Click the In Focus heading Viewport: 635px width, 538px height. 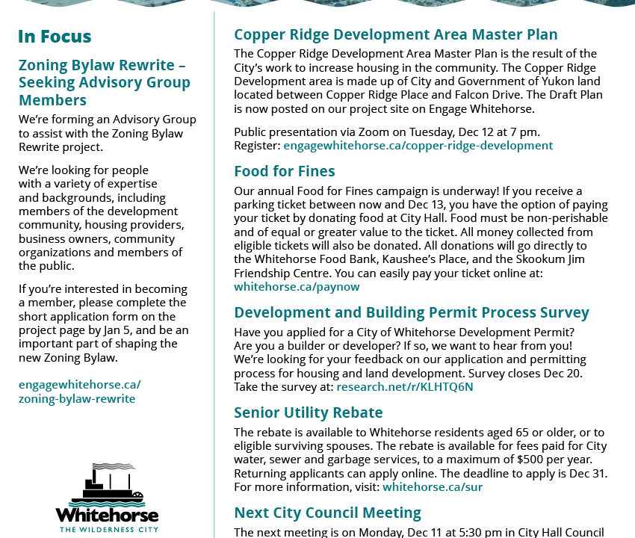(x=55, y=37)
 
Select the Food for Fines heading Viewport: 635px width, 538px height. (x=284, y=171)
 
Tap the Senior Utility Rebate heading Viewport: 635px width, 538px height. (x=308, y=412)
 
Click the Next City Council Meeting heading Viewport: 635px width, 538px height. (x=327, y=513)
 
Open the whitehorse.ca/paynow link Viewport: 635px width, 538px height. (x=297, y=286)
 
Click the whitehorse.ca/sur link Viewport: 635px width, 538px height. (x=433, y=487)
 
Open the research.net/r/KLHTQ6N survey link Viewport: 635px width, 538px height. (x=404, y=386)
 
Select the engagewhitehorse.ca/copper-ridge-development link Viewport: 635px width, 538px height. (x=418, y=145)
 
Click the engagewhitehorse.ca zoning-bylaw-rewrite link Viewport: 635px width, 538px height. (x=79, y=392)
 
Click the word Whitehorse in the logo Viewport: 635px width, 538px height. (x=107, y=516)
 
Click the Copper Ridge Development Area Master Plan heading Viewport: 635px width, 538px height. (x=395, y=34)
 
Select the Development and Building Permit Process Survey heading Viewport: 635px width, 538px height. (x=411, y=312)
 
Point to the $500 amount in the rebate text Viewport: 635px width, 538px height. (x=532, y=459)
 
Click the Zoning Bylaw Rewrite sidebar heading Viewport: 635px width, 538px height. (x=105, y=82)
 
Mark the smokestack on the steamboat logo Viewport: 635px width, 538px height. (x=94, y=471)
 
